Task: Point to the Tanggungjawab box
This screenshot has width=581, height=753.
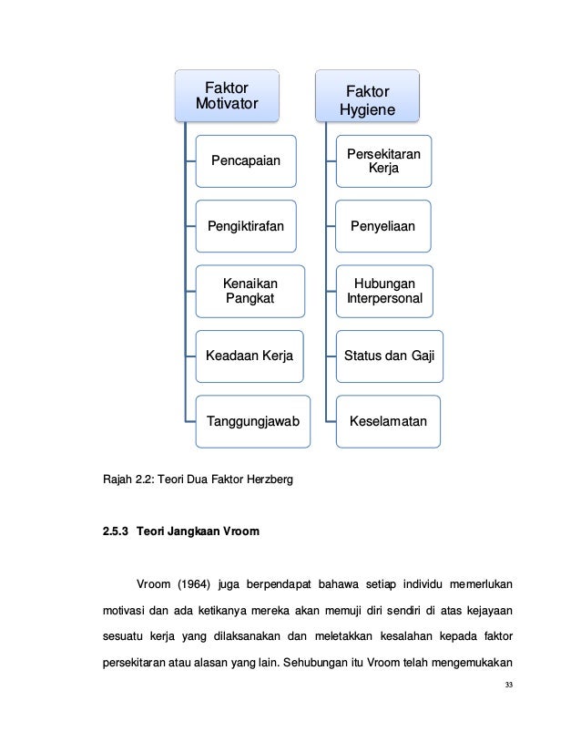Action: [x=253, y=421]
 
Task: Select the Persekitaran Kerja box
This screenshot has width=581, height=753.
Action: [x=383, y=161]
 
